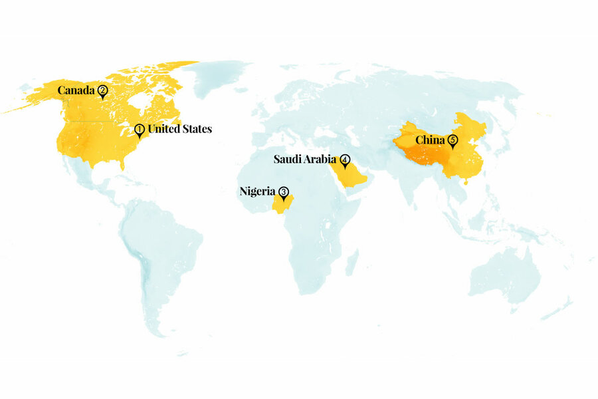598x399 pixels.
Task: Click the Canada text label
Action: click(x=76, y=90)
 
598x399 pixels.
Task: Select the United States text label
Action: click(x=179, y=129)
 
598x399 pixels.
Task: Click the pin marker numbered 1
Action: click(x=140, y=130)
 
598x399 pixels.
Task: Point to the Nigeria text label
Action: click(x=257, y=192)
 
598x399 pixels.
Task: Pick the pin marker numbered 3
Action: click(x=284, y=193)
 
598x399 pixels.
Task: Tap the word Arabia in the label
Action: click(x=321, y=160)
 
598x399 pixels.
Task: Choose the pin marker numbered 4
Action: click(x=345, y=161)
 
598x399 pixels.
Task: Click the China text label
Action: click(x=431, y=140)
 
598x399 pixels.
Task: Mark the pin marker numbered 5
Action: click(x=452, y=141)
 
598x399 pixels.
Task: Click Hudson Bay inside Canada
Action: click(x=140, y=102)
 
